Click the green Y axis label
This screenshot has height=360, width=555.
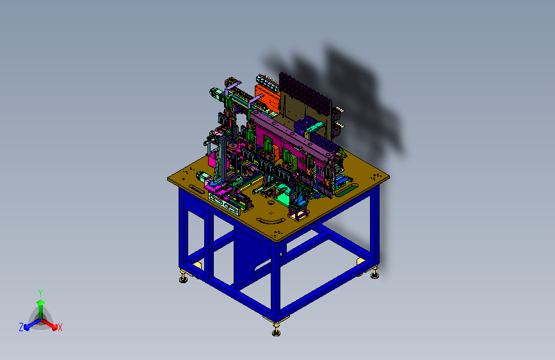coord(40,293)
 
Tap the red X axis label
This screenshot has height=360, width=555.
coord(60,328)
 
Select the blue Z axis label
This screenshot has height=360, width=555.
coord(21,327)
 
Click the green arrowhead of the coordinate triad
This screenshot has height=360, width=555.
coord(40,302)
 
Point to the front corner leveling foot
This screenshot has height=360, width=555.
coord(276,331)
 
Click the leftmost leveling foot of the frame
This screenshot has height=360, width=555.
coord(183,277)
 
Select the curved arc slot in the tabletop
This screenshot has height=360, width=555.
coord(271,222)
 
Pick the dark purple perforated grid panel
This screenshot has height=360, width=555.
coord(305,93)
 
